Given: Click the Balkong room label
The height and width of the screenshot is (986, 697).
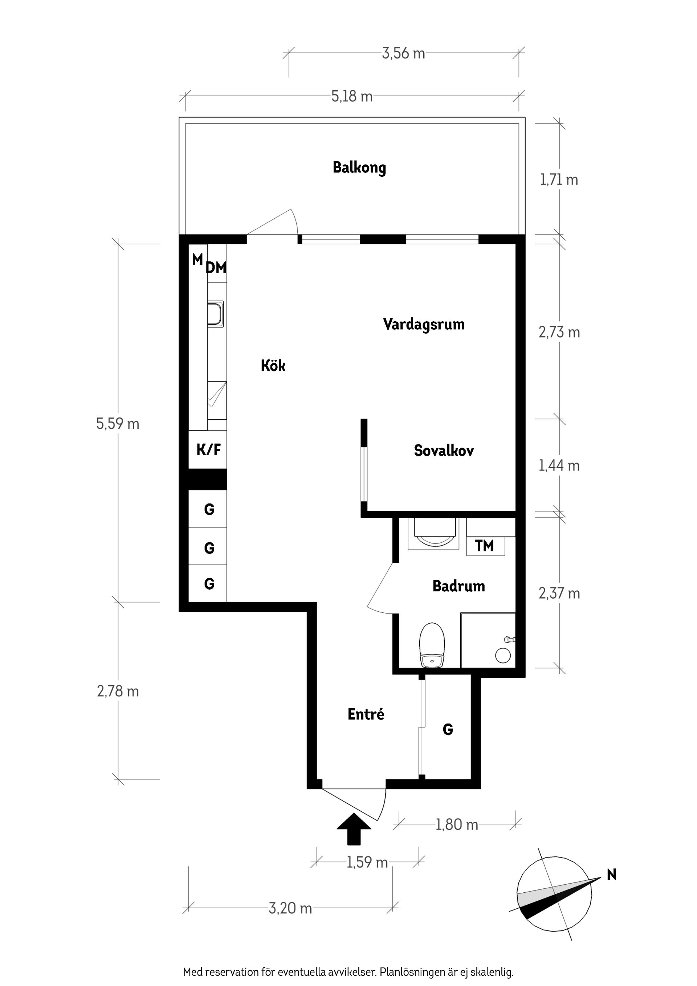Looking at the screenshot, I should (359, 167).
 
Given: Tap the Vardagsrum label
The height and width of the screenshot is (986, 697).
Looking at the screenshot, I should (423, 324).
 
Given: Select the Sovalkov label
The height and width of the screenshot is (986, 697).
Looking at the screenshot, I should (444, 451).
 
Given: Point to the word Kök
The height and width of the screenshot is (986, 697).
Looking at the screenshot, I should (273, 366).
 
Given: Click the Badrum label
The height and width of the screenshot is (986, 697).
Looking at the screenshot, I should (458, 586).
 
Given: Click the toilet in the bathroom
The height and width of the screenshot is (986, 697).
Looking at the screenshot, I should (432, 645).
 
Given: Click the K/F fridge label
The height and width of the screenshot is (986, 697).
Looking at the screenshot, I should (208, 450).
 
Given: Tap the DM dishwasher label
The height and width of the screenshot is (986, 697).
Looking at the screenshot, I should (216, 268).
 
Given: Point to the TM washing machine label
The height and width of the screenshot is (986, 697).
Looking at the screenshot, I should (484, 546).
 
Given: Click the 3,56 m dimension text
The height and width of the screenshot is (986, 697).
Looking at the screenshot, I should (403, 54).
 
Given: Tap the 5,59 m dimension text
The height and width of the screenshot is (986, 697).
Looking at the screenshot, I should (118, 424).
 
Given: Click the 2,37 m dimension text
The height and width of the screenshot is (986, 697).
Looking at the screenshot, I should (559, 594).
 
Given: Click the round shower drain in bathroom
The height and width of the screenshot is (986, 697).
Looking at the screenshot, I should (502, 655).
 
